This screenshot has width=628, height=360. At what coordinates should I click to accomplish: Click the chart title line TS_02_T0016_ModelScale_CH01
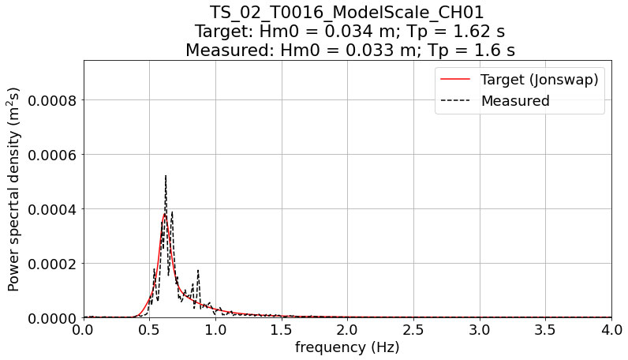click(x=347, y=12)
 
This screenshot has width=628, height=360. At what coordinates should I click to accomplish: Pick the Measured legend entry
click(x=514, y=101)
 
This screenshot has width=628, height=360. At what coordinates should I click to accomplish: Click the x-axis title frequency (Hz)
click(x=347, y=347)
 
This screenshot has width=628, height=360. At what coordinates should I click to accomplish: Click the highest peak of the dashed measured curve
click(x=166, y=176)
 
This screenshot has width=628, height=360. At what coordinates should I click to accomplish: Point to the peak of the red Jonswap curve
click(x=165, y=214)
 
